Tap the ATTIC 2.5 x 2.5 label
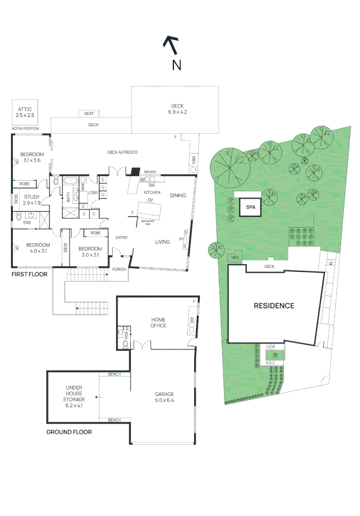[23, 112]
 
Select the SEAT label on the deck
[89, 113]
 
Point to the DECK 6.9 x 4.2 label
[177, 109]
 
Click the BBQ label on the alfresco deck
[194, 161]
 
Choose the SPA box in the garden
[250, 208]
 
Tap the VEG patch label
[234, 258]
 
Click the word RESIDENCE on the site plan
[273, 306]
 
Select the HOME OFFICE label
[158, 322]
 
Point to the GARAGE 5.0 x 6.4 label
[164, 397]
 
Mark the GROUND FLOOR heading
[69, 432]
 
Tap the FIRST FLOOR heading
[29, 275]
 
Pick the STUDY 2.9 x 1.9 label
[32, 200]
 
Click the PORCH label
[119, 269]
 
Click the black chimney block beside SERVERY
[135, 171]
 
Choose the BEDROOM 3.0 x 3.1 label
[90, 251]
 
